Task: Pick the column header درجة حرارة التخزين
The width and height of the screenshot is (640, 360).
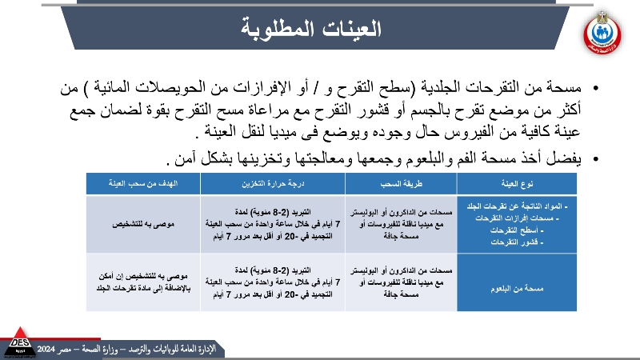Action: (x=272, y=183)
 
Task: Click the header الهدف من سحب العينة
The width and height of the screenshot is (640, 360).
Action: (x=143, y=183)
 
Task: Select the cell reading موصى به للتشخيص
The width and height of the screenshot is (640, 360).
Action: (x=143, y=224)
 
